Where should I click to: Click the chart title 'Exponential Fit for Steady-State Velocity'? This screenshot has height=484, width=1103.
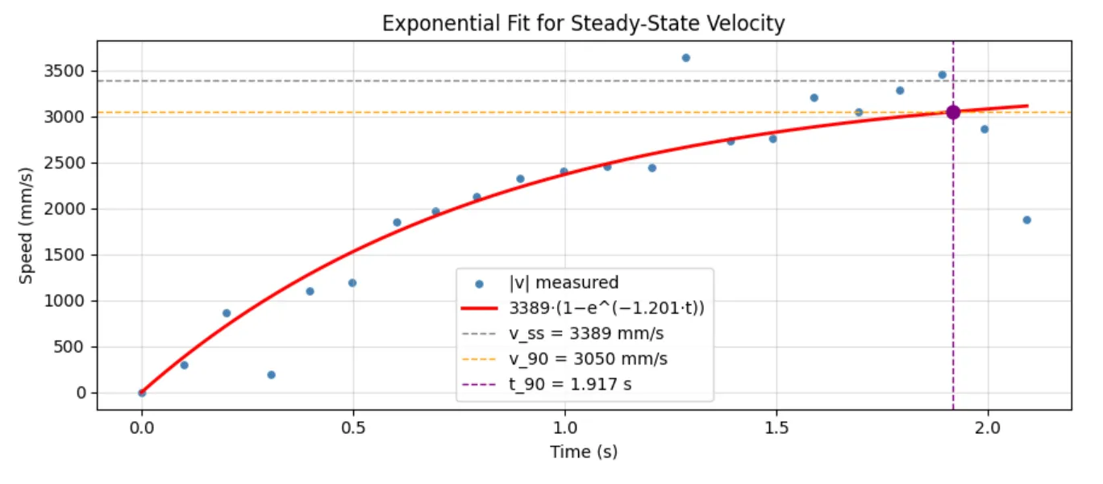tap(583, 23)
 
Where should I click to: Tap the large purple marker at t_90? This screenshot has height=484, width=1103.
tap(953, 112)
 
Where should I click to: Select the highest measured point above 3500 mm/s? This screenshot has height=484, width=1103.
tap(685, 57)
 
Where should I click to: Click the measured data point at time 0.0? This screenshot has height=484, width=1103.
tap(142, 393)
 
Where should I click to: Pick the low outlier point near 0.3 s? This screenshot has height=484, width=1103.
tap(271, 374)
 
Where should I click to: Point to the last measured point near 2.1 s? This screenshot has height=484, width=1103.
tap(1026, 219)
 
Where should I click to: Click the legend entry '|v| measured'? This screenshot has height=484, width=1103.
tap(564, 283)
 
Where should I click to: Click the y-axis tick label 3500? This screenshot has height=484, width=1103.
tap(69, 71)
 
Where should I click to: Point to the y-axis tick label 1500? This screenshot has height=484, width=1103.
tap(69, 255)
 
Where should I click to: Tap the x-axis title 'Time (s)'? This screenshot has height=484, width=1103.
tap(584, 452)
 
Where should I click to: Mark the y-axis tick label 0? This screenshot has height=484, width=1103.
tap(80, 393)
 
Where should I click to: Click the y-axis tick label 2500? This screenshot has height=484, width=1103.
tap(69, 163)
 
